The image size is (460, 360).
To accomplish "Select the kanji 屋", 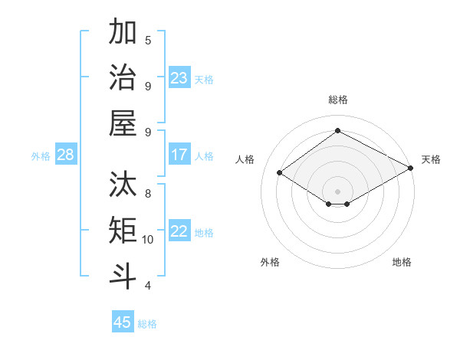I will (123, 123).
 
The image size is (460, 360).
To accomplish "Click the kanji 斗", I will (123, 277).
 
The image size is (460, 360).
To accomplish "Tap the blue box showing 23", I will (179, 78).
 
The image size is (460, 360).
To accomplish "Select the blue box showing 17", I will (179, 155).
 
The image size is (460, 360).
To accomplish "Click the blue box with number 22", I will (179, 231).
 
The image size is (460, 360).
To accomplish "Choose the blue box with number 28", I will (66, 155).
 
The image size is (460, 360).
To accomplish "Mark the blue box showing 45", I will (123, 322).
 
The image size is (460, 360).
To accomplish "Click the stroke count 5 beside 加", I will (148, 40).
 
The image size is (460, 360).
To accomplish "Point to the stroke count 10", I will (148, 239).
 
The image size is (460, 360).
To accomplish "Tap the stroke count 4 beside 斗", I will (148, 286).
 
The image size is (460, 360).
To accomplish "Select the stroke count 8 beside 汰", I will (148, 193).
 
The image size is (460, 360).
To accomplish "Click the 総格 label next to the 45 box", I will (147, 324).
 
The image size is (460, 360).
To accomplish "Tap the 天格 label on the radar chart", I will (431, 159).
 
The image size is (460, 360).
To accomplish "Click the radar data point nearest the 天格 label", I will (412, 169).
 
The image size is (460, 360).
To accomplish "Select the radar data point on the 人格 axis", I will (279, 173).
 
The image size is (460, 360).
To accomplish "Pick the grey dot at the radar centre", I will (337, 191).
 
